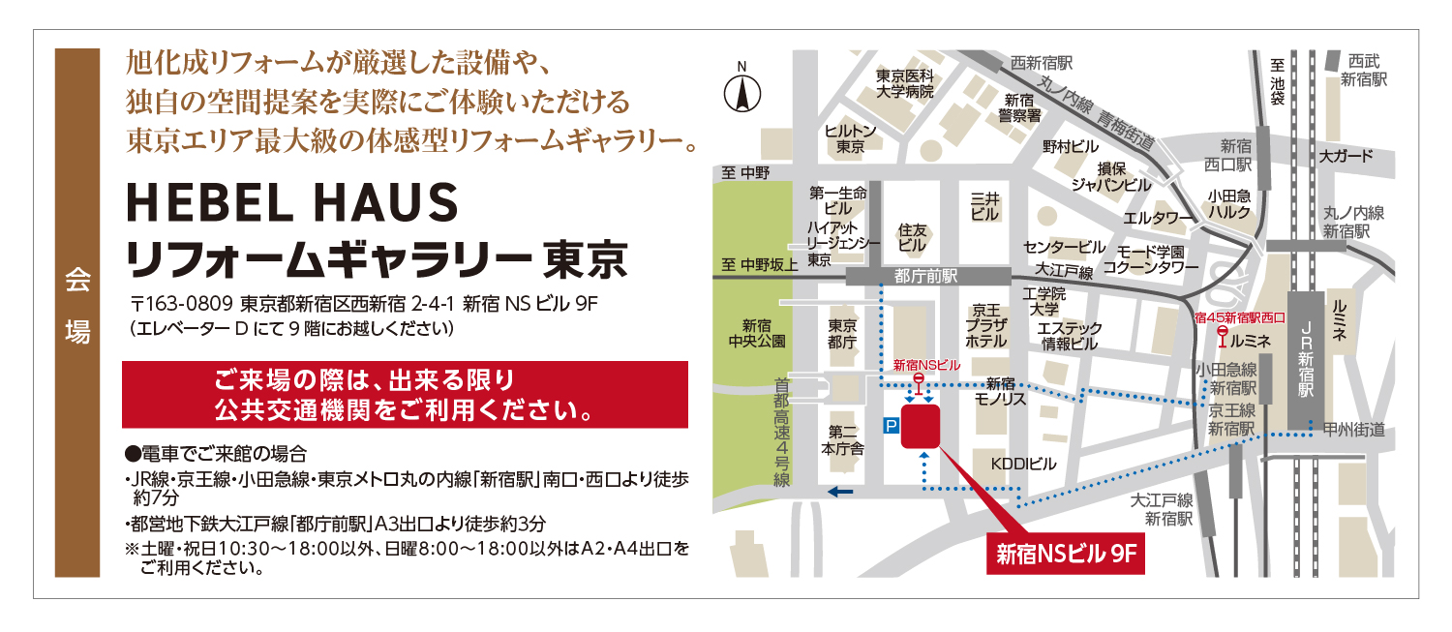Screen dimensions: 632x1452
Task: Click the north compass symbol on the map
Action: [x=742, y=93]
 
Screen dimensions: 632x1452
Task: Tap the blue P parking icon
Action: [x=891, y=425]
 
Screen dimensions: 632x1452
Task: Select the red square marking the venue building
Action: [x=920, y=426]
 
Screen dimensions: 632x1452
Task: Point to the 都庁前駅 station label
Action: [x=926, y=276]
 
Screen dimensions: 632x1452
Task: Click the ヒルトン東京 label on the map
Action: [x=851, y=139]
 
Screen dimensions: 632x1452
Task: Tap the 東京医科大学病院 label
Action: [x=905, y=84]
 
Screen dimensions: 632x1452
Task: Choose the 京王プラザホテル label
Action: [x=987, y=326]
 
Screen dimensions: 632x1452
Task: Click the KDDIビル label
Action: [x=1023, y=466]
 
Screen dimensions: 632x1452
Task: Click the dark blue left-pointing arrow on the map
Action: [x=840, y=492]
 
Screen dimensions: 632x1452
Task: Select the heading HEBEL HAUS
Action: [x=291, y=204]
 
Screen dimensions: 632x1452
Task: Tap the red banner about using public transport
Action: [x=405, y=394]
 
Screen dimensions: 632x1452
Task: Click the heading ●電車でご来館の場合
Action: [x=216, y=453]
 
